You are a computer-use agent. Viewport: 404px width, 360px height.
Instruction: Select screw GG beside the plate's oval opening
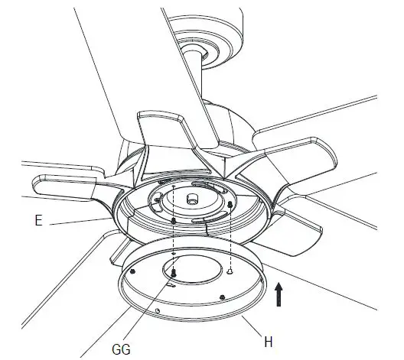coord(174,271)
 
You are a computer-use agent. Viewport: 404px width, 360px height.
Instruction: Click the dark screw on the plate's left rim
coord(133,271)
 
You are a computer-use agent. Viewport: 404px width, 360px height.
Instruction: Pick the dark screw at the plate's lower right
coord(222,297)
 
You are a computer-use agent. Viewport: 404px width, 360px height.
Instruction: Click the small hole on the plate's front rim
coord(158,310)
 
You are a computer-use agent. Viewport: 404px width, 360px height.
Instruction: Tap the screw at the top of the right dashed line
coord(230,205)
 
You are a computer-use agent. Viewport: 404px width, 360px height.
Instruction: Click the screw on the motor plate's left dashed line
coord(174,219)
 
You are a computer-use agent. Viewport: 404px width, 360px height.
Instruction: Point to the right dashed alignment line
coord(230,237)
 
